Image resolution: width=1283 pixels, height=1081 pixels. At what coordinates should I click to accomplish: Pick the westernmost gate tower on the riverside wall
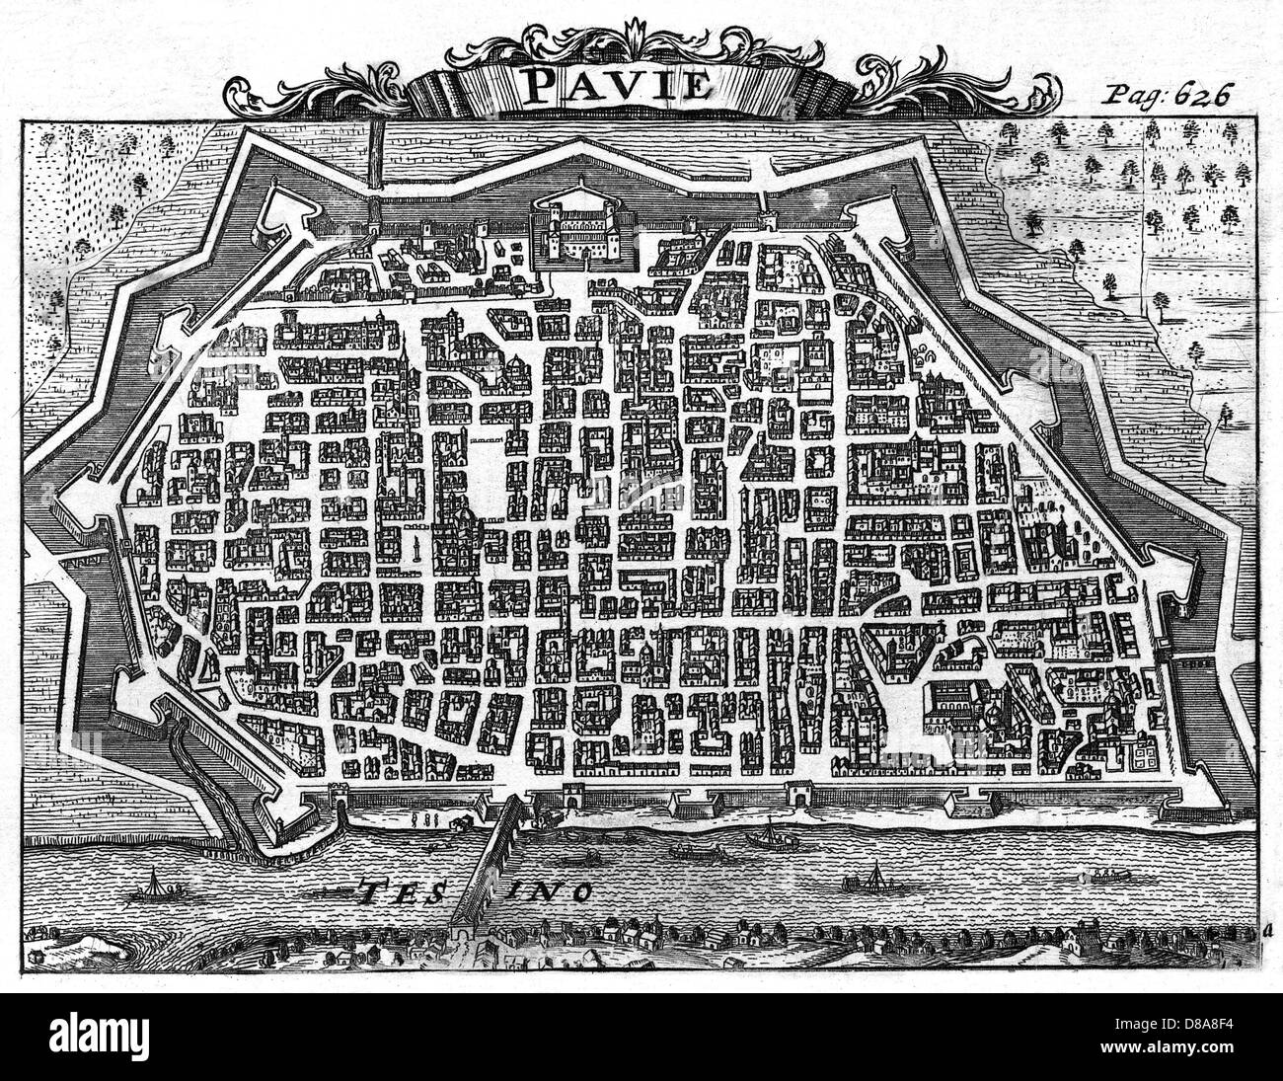340,796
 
